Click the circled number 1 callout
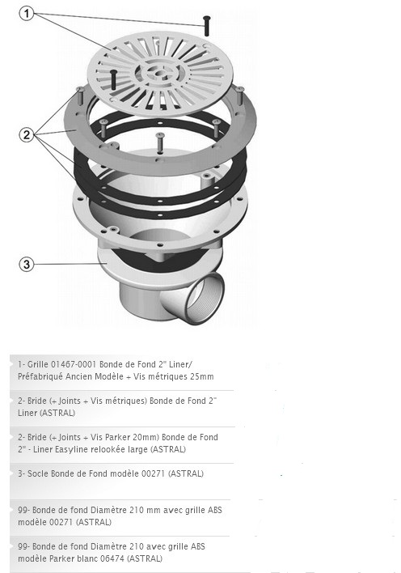pyautogui.click(x=27, y=14)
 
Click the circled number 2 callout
pyautogui.click(x=27, y=135)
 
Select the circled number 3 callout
pyautogui.click(x=27, y=264)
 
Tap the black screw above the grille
pyautogui.click(x=207, y=26)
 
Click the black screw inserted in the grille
pyautogui.click(x=113, y=79)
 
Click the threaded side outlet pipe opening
pyautogui.click(x=205, y=298)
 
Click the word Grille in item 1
pyautogui.click(x=38, y=364)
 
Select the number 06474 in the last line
pyautogui.click(x=112, y=558)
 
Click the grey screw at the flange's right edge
pyautogui.click(x=239, y=95)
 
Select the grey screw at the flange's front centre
pyautogui.click(x=160, y=142)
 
